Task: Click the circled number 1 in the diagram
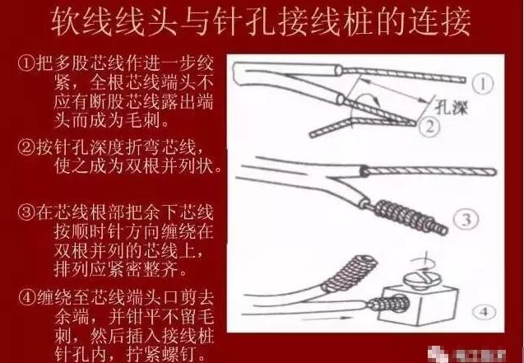click(483, 84)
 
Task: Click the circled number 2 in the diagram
click(429, 126)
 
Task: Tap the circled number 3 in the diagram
click(466, 220)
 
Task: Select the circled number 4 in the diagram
click(484, 312)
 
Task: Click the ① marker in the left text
click(26, 63)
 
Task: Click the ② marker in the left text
click(26, 147)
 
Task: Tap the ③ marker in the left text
click(26, 212)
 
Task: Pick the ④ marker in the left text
click(26, 297)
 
